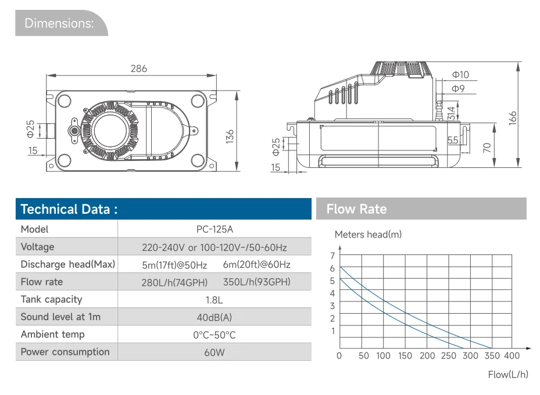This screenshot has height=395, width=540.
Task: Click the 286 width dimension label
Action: click(139, 69)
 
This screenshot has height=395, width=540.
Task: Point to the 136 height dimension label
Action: click(230, 137)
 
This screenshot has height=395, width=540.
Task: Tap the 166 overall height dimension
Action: click(513, 118)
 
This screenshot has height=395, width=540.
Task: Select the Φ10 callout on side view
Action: click(460, 75)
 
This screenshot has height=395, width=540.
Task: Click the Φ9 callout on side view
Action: click(458, 88)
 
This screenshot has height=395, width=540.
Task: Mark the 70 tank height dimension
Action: click(487, 148)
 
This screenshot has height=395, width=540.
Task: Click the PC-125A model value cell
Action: click(214, 229)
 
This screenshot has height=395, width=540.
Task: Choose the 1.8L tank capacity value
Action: click(214, 300)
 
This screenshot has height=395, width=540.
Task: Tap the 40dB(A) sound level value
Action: click(214, 317)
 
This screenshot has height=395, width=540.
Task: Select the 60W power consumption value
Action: click(214, 353)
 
